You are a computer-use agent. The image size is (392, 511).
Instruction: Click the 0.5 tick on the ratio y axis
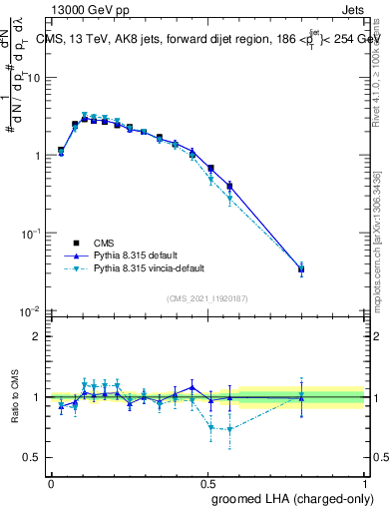click(33, 457)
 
